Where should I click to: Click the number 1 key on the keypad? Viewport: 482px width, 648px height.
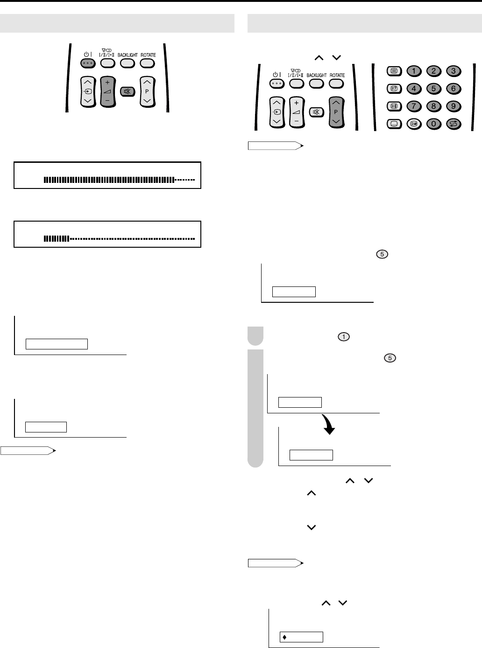414,71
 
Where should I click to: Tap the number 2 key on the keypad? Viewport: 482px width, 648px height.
434,71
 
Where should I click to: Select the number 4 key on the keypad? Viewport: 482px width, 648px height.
414,89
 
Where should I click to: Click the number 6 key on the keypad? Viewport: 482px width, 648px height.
454,89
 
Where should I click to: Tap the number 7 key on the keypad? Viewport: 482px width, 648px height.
414,106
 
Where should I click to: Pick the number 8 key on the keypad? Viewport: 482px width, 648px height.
434,106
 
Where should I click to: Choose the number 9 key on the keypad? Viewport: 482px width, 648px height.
454,106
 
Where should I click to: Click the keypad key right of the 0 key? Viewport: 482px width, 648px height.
454,124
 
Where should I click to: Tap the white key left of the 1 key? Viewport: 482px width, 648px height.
394,71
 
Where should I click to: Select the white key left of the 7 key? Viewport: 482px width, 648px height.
394,106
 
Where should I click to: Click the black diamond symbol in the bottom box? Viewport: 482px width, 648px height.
284,637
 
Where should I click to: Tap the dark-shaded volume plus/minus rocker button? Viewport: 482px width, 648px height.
108,92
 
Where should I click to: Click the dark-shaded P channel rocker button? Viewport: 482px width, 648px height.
336,112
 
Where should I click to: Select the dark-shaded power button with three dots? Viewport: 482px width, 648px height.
88,63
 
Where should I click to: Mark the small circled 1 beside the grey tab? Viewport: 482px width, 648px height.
344,337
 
